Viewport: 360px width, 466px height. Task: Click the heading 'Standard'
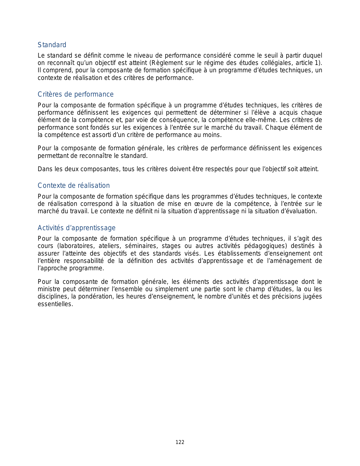coord(52,45)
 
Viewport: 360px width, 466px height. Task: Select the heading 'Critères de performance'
coord(76,94)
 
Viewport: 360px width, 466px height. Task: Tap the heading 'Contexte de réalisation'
coord(74,186)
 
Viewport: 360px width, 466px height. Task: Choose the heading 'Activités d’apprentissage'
coord(77,228)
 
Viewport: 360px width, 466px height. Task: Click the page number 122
coord(180,442)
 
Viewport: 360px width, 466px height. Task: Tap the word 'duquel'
coord(312,56)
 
